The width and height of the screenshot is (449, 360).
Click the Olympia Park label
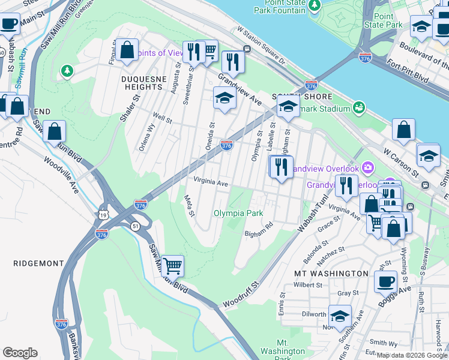point(238,213)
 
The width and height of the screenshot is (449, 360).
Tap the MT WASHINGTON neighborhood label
point(331,274)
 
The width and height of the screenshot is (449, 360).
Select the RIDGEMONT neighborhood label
point(38,263)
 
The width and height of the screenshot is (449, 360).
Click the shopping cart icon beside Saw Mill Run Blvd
point(172,265)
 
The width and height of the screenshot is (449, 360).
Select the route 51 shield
point(133,226)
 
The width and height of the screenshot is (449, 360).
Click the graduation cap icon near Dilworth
point(340,316)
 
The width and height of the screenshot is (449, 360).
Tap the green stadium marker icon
point(360,107)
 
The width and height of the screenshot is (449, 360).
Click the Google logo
point(20,353)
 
